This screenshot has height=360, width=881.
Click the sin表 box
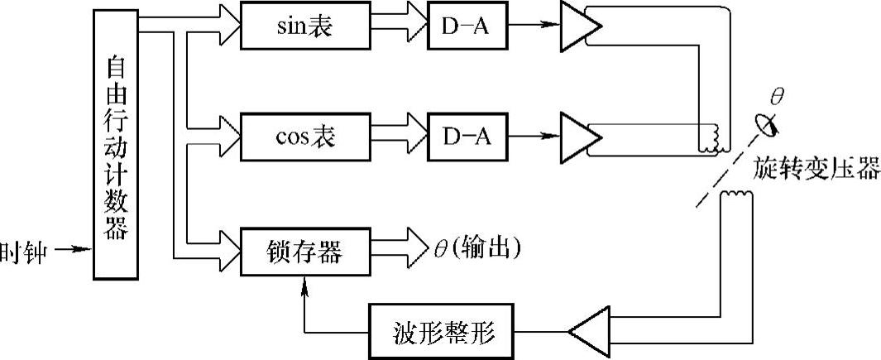[x=305, y=26]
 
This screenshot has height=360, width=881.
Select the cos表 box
[x=305, y=137]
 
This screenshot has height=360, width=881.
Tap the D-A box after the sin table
[x=467, y=26]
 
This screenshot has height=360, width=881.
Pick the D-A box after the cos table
[x=467, y=137]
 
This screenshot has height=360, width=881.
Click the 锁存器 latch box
[x=305, y=252]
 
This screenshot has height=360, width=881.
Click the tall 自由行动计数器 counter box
[x=116, y=145]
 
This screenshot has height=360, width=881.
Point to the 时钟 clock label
[x=26, y=252]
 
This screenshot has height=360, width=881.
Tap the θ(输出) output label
[x=476, y=248]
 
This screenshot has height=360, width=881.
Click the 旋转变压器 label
[x=816, y=168]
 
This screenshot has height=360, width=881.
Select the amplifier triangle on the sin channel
[x=582, y=26]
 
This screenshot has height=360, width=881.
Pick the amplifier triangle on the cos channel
[x=582, y=137]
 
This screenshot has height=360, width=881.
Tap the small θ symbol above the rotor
[x=777, y=97]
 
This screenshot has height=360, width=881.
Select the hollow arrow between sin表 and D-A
[x=399, y=26]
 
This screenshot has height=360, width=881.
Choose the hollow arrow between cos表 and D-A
[x=399, y=137]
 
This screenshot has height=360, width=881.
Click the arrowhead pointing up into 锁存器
[x=304, y=284]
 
